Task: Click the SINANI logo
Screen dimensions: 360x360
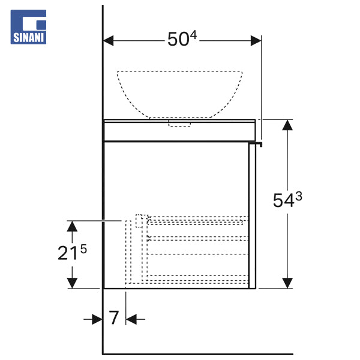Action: pos(28,27)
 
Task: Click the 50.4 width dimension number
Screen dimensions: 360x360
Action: pos(182,38)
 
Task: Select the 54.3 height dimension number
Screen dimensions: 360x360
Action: pos(287,200)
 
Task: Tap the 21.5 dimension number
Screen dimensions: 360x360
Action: pos(72,253)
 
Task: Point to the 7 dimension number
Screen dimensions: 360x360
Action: pos(113,317)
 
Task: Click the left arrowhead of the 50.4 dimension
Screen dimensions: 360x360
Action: pos(108,41)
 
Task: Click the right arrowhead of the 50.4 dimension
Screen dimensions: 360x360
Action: pos(256,41)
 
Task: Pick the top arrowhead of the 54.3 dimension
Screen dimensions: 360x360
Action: pos(287,125)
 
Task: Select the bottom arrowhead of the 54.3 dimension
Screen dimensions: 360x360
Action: pos(287,283)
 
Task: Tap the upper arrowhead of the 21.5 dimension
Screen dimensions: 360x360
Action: pos(72,226)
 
